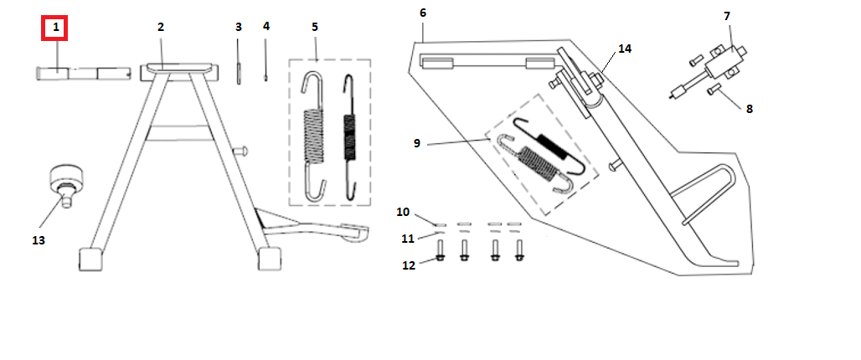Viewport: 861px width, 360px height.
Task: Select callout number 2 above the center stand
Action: point(160,27)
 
